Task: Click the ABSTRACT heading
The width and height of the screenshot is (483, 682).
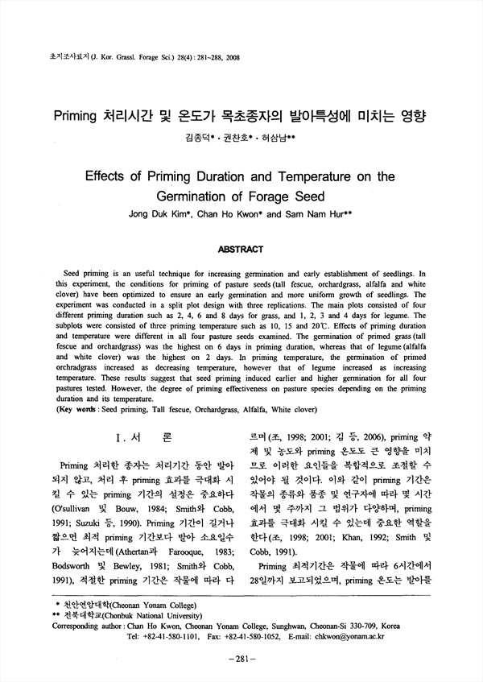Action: coord(242,250)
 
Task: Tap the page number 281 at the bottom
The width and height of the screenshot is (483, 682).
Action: coord(242,659)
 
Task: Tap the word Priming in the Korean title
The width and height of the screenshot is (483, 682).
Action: coord(78,115)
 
